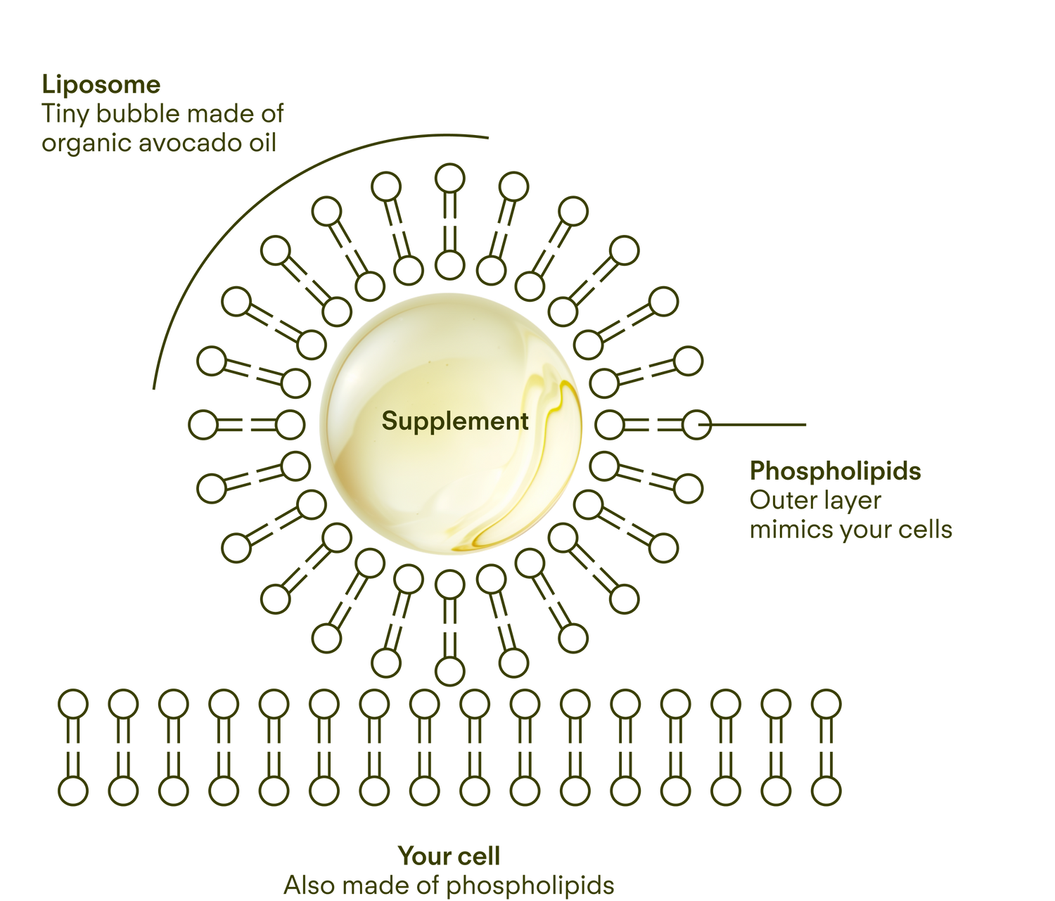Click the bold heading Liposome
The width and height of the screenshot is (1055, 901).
(x=101, y=85)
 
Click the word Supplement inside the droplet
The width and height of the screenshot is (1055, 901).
(x=455, y=422)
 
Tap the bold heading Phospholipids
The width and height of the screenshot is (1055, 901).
(x=835, y=471)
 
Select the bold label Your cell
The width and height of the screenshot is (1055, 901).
(x=449, y=855)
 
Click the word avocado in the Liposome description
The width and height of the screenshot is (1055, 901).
(x=191, y=143)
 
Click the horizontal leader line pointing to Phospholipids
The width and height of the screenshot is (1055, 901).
(x=752, y=424)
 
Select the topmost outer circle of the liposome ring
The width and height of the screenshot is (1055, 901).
(x=449, y=179)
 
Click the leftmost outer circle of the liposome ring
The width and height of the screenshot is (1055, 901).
(x=203, y=425)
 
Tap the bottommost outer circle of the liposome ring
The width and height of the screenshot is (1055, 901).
(x=449, y=671)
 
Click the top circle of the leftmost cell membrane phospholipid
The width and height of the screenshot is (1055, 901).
(x=73, y=704)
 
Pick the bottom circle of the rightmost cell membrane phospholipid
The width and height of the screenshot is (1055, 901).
(x=826, y=791)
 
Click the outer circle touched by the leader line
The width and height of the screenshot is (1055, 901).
(x=697, y=425)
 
